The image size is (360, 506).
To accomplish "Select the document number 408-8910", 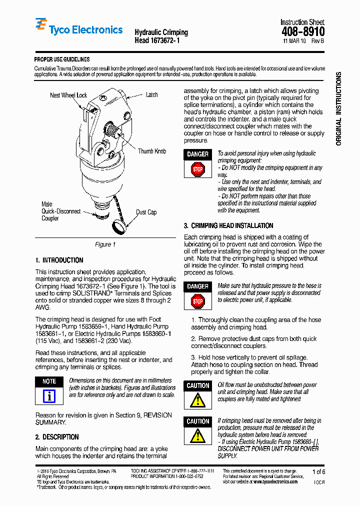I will click(x=303, y=32).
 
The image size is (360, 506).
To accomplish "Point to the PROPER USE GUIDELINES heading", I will click(x=62, y=59).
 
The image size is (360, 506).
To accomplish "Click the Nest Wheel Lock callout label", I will click(x=68, y=95).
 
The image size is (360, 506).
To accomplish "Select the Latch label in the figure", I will click(x=151, y=94).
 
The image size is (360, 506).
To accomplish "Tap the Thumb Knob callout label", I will click(x=152, y=151).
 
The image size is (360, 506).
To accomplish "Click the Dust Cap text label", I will click(x=146, y=212).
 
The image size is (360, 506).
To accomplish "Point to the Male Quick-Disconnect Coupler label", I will click(x=60, y=211).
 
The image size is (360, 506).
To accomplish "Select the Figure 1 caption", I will click(x=105, y=244).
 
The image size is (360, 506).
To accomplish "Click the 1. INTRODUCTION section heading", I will click(x=59, y=260).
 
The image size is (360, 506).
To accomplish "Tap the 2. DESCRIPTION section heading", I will click(x=57, y=436).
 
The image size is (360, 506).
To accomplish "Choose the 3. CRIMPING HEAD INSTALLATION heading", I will click(x=228, y=225).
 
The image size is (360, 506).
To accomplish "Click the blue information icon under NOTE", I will click(x=49, y=396).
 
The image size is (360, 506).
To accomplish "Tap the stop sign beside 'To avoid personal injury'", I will click(x=198, y=169).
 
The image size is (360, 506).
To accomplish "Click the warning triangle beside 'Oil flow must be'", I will click(x=198, y=400).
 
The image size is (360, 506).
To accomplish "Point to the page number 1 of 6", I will click(x=318, y=471).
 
